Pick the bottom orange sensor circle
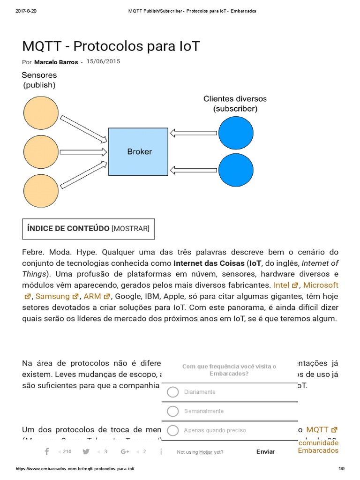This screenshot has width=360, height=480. [41, 190]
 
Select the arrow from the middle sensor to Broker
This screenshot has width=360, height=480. [83, 152]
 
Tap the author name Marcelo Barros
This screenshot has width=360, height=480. [56, 62]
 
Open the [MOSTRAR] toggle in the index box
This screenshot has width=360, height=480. [130, 228]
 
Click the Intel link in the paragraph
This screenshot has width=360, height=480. [282, 285]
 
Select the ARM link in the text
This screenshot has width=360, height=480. [92, 296]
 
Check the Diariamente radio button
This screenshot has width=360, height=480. [173, 392]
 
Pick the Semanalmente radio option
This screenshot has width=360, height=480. [173, 411]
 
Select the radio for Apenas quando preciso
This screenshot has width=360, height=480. [173, 430]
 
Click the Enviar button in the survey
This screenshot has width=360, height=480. [265, 452]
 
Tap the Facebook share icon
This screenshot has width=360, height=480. [47, 451]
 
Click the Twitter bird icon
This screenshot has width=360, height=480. [86, 451]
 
